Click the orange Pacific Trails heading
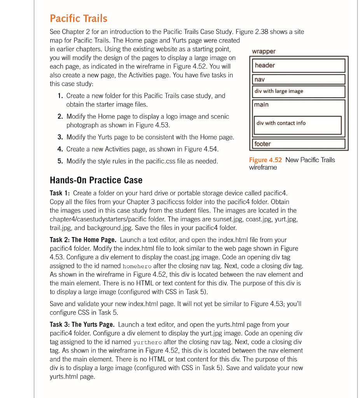(79, 18)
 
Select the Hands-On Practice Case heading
(96, 180)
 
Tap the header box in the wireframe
(299, 65)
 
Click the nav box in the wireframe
(299, 79)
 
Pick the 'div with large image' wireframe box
(299, 91)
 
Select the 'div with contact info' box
(297, 125)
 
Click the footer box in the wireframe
(299, 144)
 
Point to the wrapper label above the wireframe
(264, 51)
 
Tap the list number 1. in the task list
(60, 96)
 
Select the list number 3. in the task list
(60, 137)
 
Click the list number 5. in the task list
(60, 161)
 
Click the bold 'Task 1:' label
(60, 193)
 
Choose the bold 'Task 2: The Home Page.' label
(83, 240)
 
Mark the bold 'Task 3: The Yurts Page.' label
(82, 324)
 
